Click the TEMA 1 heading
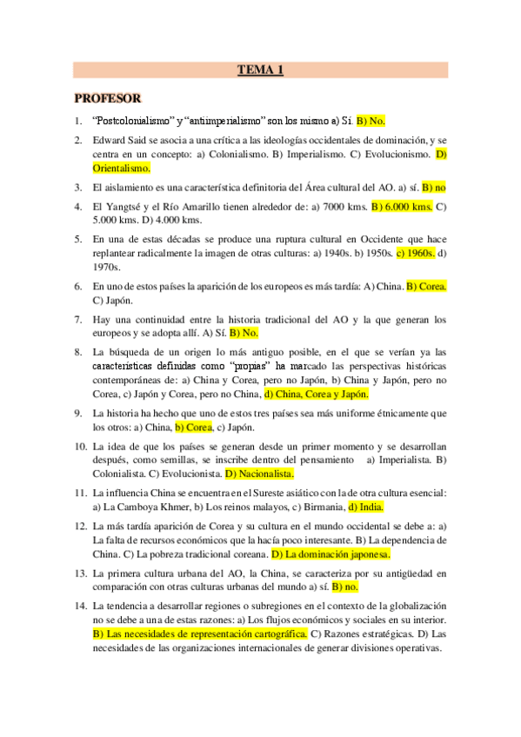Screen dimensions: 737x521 pyautogui.click(x=260, y=70)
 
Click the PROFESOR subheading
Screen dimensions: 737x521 pyautogui.click(x=108, y=98)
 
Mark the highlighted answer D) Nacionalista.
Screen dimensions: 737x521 pyautogui.click(x=260, y=474)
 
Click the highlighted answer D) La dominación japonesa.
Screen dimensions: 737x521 pyautogui.click(x=331, y=554)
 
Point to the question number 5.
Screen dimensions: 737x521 pyautogui.click(x=78, y=239)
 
